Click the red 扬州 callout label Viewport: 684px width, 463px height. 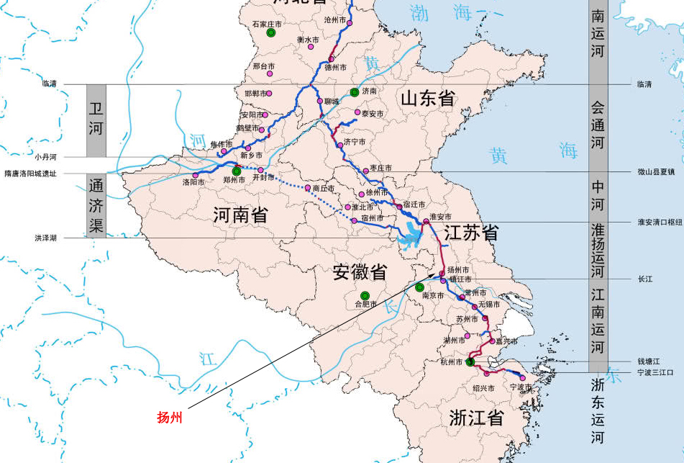170,417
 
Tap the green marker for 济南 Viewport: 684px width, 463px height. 354,92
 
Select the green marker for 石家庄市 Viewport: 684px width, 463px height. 271,33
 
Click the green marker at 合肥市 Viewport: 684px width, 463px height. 365,295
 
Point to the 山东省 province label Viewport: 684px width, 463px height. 429,99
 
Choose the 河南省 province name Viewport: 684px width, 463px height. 241,214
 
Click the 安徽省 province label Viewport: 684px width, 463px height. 360,272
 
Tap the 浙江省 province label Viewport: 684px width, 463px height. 475,418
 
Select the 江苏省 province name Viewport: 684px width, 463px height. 471,233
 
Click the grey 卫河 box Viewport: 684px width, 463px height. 96,120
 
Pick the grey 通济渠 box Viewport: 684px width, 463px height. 96,205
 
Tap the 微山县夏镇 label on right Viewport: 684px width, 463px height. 656,172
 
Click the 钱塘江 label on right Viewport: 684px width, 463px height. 649,361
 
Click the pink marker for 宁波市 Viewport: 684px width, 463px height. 522,377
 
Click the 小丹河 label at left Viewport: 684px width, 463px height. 45,156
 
